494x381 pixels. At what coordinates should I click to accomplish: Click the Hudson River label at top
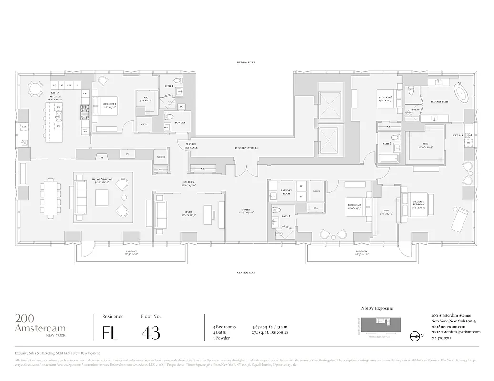(x=247, y=62)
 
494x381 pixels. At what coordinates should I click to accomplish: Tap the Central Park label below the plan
(x=247, y=272)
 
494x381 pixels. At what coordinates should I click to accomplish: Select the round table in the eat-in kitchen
(x=34, y=88)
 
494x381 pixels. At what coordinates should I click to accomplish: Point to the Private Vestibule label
(x=246, y=148)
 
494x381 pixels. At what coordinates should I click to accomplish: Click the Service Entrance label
(x=191, y=146)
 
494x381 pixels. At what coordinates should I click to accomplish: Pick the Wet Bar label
(x=457, y=135)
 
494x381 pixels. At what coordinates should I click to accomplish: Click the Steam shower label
(x=416, y=110)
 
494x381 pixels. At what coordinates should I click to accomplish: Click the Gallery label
(x=188, y=183)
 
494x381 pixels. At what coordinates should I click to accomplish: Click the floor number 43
(x=151, y=332)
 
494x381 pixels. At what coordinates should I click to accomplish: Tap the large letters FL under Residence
(x=110, y=332)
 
